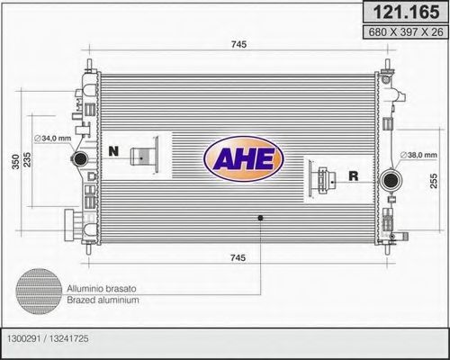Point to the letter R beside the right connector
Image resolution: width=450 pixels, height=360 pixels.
[x=353, y=176]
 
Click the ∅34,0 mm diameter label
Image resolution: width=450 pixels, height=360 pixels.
[x=51, y=138]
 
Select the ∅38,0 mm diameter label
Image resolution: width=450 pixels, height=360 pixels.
[x=418, y=154]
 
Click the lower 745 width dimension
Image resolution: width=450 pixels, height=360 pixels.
[x=238, y=259]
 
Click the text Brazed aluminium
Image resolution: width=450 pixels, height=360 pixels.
[x=103, y=299]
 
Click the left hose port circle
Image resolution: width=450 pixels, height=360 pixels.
[x=78, y=160]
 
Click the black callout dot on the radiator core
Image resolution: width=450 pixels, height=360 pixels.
[x=260, y=217]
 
